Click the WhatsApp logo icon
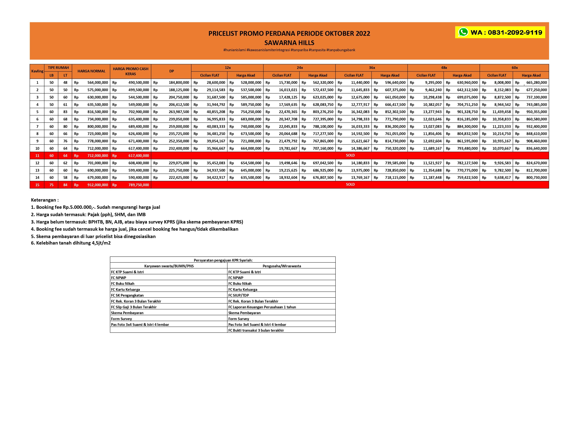pyautogui.click(x=463, y=32)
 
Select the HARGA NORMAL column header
pyautogui.click(x=91, y=71)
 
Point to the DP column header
pyautogui.click(x=171, y=71)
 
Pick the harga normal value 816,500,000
pyautogui.click(x=98, y=112)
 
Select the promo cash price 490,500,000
pyautogui.click(x=139, y=83)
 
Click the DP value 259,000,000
pyautogui.click(x=179, y=127)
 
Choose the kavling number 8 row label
pyautogui.click(x=37, y=134)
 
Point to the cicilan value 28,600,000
pyautogui.click(x=216, y=83)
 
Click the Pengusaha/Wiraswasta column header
pyautogui.click(x=282, y=266)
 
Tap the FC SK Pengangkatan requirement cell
pyautogui.click(x=127, y=295)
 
